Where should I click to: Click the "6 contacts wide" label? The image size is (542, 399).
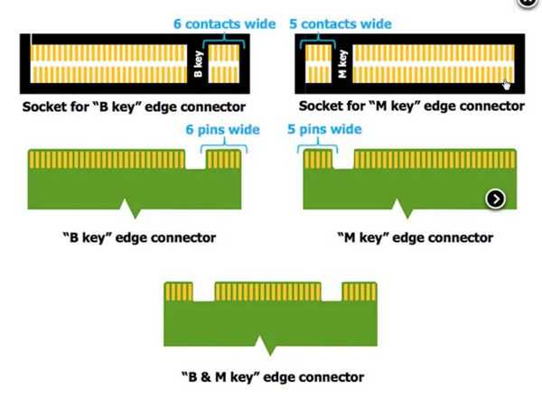[224, 23]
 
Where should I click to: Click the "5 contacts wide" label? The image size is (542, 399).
[342, 23]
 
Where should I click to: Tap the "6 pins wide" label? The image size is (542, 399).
[210, 130]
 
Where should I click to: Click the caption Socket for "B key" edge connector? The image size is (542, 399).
[135, 107]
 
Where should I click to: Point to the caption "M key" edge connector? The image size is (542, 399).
[414, 238]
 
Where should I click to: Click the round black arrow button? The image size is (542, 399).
[495, 199]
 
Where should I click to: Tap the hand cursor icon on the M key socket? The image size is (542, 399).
[508, 85]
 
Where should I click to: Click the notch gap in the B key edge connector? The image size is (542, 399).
[196, 161]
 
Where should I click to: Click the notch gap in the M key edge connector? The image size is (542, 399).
[342, 161]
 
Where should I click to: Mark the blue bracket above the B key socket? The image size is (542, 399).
[225, 37]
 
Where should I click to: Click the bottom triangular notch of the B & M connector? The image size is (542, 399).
[266, 346]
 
